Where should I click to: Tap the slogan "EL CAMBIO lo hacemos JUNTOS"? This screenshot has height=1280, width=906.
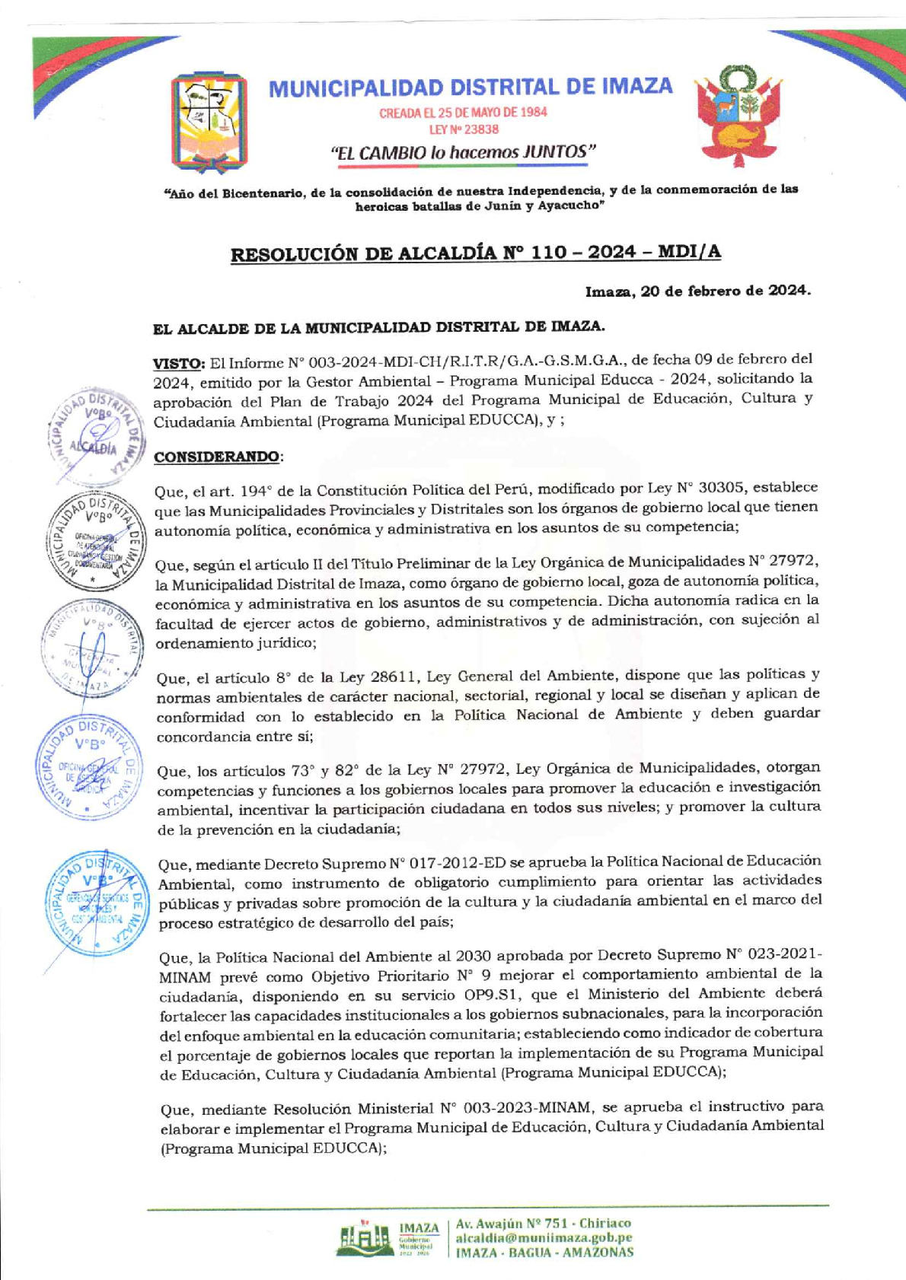463,152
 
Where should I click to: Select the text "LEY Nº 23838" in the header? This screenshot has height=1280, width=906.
464,129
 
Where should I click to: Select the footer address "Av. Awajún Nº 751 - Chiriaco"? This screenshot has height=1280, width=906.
543,1223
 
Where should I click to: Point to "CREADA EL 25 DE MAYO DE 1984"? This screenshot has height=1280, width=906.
463,113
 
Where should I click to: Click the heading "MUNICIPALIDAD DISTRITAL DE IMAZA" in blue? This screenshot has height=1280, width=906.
471,88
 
